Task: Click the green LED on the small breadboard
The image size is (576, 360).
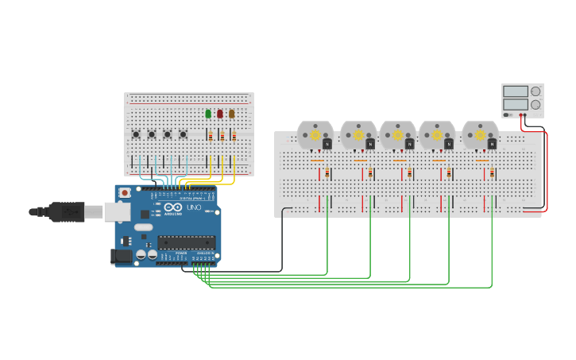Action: coord(208,114)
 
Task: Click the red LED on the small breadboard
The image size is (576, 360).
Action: coord(220,114)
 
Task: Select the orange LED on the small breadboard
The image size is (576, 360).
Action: coord(232,114)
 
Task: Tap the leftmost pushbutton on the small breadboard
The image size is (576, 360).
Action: coord(136,134)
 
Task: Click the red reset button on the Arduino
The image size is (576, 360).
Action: coord(125,192)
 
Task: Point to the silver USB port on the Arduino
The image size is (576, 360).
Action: coord(117,211)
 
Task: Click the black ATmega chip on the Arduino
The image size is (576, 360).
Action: coord(186,242)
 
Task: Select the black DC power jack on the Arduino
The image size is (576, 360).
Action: coord(120,256)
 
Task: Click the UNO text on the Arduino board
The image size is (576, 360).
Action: coord(194,207)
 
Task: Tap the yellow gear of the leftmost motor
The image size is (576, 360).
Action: coord(315,135)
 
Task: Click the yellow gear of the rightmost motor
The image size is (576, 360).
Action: coord(480,135)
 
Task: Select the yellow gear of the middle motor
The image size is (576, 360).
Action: coord(397,135)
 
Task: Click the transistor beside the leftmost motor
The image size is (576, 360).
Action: coord(327,144)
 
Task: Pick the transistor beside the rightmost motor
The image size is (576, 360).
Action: coord(492,144)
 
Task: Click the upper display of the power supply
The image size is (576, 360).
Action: coord(515,91)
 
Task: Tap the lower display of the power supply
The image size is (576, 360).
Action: coord(515,104)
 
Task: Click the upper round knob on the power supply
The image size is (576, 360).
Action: coord(535,91)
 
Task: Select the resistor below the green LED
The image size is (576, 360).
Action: coord(210,136)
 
